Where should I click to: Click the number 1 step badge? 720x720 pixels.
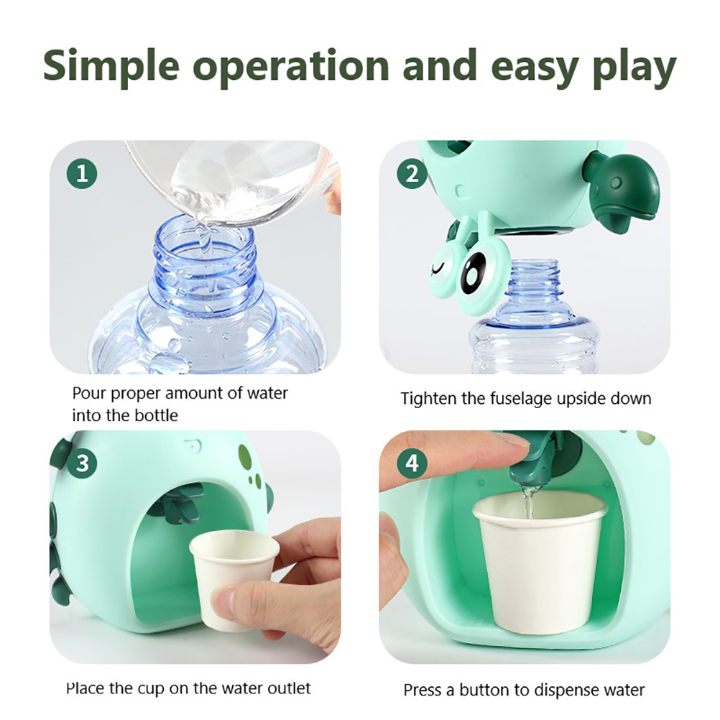pos(82,174)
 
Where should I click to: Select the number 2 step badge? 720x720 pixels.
pos(412,174)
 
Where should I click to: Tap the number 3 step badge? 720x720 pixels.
pos(82,463)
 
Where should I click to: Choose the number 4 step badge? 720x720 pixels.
pos(412,463)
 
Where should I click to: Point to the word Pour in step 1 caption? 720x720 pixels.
pos(90,394)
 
